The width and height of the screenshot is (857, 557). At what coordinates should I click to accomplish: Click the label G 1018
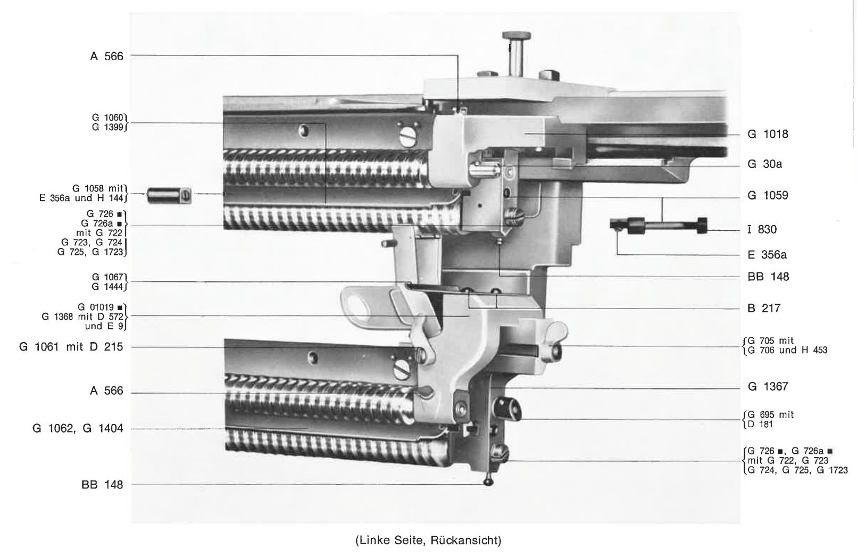coord(768,134)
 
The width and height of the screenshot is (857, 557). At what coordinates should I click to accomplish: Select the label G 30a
coord(764,164)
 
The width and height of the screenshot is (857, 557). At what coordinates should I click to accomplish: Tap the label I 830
coord(762,229)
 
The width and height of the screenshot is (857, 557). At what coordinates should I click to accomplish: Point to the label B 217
coord(764,309)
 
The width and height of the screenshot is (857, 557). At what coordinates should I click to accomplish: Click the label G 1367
coord(768,387)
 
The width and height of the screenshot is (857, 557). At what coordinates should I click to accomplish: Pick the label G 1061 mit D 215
coord(71,347)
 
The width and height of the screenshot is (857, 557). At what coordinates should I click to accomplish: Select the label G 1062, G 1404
coord(78,428)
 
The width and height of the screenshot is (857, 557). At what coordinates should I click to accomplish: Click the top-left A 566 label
coord(107,56)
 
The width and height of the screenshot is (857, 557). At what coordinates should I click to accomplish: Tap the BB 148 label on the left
coord(102,485)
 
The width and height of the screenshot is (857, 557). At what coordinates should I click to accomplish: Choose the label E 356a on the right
coord(767,255)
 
